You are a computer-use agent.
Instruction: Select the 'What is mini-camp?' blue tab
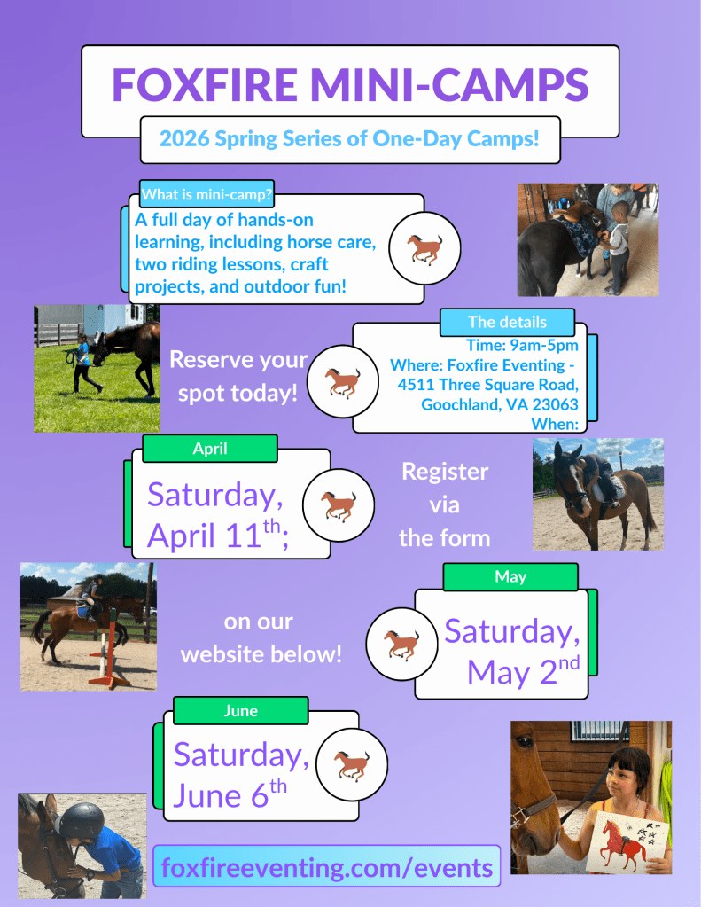pos(206,194)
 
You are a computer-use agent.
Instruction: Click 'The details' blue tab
pos(507,322)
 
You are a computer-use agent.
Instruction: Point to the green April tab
pos(210,449)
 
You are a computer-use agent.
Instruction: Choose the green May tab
pos(510,576)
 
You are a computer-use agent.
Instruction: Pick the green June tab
pos(240,711)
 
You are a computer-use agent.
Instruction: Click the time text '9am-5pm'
pos(544,345)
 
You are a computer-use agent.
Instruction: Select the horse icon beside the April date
pos(339,505)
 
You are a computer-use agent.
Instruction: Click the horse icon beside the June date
pos(352,765)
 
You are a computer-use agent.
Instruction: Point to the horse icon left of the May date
pos(401,644)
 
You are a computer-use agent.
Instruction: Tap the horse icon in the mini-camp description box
pos(424,249)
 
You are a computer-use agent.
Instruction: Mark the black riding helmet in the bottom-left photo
pos(82,820)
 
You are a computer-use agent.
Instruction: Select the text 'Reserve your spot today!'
pos(238,376)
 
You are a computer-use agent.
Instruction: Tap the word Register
pos(445,472)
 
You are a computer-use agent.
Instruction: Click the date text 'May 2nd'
pos(524,671)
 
